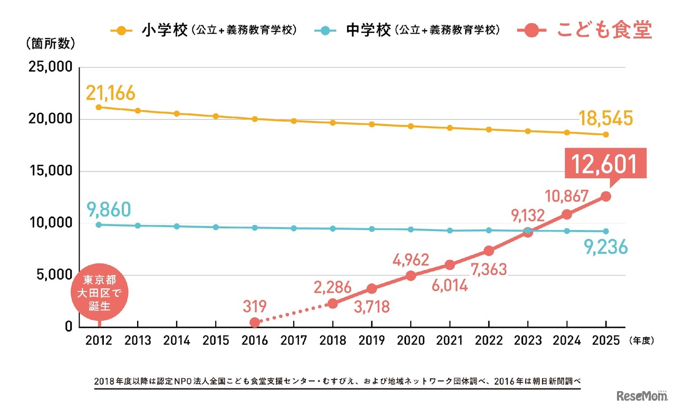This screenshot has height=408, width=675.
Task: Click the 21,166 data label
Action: click(111, 93)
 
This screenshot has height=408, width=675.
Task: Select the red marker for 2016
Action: click(255, 322)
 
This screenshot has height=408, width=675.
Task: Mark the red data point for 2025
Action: click(606, 196)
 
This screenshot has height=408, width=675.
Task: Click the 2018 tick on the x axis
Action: click(332, 341)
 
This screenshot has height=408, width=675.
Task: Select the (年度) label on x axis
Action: click(641, 341)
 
